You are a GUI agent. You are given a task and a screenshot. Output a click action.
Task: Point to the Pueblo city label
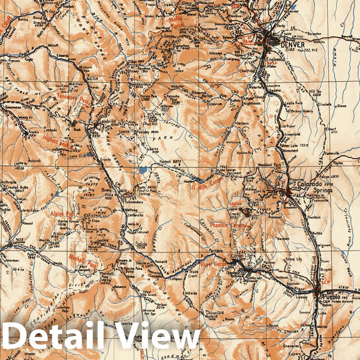[x=331, y=297]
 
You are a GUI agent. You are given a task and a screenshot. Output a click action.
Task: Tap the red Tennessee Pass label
[x=73, y=97]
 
